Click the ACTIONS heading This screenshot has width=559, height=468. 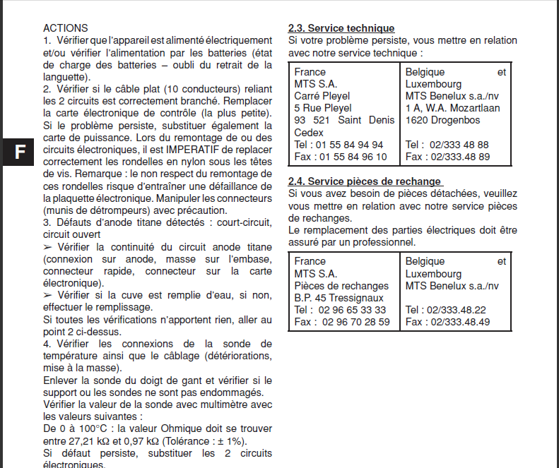(x=66, y=28)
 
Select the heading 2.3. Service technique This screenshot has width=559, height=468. (x=341, y=28)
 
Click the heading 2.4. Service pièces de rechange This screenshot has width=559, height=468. (x=365, y=181)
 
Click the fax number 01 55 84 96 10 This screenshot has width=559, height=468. (x=353, y=157)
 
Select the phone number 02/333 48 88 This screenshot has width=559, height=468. (x=458, y=145)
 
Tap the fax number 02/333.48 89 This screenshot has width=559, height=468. (x=459, y=157)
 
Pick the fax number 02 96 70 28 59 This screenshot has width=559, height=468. (x=354, y=322)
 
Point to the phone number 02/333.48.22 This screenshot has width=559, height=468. (x=457, y=310)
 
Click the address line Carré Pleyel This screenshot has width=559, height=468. (x=322, y=96)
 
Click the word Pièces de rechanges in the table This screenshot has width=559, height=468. (x=341, y=286)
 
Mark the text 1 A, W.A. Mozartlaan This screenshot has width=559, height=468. (x=452, y=108)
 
